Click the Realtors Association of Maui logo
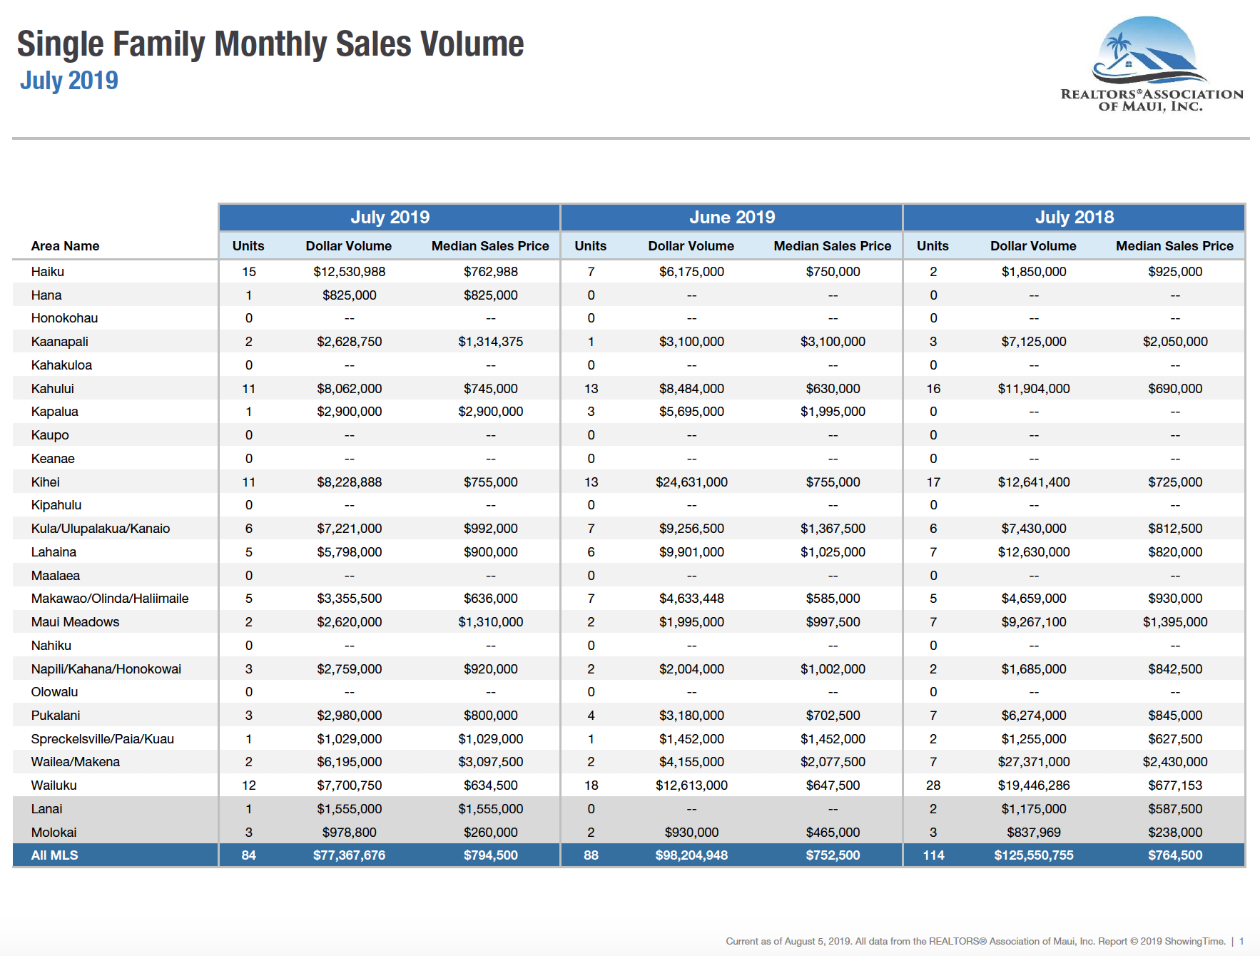tap(1151, 64)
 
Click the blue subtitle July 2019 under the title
tap(69, 81)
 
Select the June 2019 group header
tap(732, 217)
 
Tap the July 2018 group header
tap(1074, 217)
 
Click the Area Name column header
tap(65, 246)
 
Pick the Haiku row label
tap(48, 272)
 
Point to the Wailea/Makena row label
tap(76, 762)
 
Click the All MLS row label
tap(55, 855)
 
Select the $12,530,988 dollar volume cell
tap(349, 272)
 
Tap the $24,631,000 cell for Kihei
tap(691, 482)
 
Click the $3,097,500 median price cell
tap(491, 762)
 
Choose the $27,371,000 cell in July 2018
tap(1034, 762)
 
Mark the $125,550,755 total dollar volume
tap(1034, 855)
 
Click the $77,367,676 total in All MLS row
tap(349, 855)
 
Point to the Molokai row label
tap(54, 833)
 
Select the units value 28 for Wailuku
tap(933, 785)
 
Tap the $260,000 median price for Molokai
tap(491, 833)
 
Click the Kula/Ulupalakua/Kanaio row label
tap(101, 529)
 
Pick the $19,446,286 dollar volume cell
tap(1034, 785)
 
